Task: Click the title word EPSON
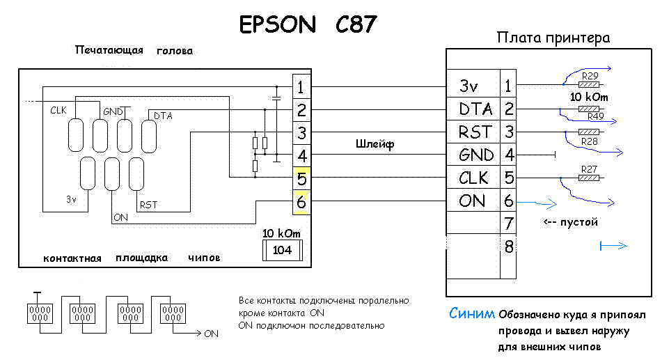pyautogui.click(x=277, y=24)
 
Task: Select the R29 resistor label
pyautogui.click(x=590, y=76)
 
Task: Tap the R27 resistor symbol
pyautogui.click(x=589, y=178)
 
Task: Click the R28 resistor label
pyautogui.click(x=589, y=141)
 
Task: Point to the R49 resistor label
pyautogui.click(x=596, y=116)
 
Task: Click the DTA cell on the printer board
pyautogui.click(x=473, y=109)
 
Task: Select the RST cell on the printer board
pyautogui.click(x=473, y=132)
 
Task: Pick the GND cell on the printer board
pyautogui.click(x=473, y=155)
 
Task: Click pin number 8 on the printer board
pyautogui.click(x=509, y=246)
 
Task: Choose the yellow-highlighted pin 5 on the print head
pyautogui.click(x=301, y=179)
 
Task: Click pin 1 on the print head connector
pyautogui.click(x=301, y=87)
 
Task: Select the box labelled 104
pyautogui.click(x=283, y=251)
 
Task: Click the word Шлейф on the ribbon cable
pyautogui.click(x=375, y=144)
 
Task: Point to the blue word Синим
pyautogui.click(x=472, y=313)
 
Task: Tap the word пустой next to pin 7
pyautogui.click(x=579, y=222)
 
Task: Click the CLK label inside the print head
pyautogui.click(x=58, y=110)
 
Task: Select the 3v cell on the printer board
pyautogui.click(x=473, y=86)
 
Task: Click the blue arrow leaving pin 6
pyautogui.click(x=537, y=203)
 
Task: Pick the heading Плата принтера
pyautogui.click(x=553, y=38)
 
